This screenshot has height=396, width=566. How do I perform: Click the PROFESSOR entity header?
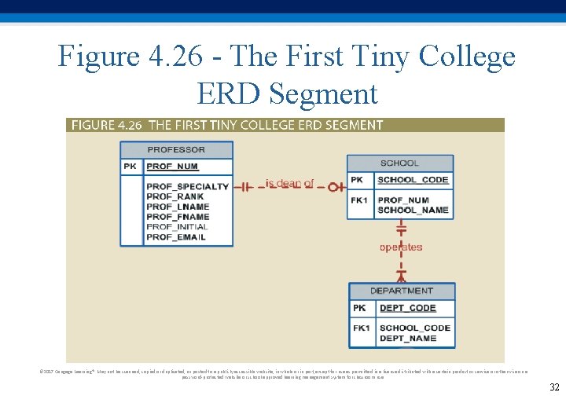[x=176, y=149]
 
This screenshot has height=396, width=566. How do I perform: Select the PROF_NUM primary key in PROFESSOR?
[x=172, y=167]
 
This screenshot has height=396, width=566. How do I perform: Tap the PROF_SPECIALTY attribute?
[x=187, y=186]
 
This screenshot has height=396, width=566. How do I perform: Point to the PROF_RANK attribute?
[x=175, y=196]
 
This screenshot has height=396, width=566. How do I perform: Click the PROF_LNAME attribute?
[x=178, y=207]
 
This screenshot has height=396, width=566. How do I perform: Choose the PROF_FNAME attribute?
[x=178, y=217]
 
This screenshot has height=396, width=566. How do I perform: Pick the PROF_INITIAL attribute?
[x=177, y=227]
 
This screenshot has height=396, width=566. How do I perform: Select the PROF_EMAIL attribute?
[x=175, y=237]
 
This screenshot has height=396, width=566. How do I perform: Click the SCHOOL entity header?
[x=399, y=163]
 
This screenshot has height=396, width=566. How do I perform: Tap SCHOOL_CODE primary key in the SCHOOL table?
[x=413, y=180]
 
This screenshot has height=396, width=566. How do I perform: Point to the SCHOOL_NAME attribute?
[x=413, y=210]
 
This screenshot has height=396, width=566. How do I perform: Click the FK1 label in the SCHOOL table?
[x=359, y=200]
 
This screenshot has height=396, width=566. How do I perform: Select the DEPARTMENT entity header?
[x=401, y=291]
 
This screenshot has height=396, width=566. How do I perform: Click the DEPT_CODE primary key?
[x=407, y=308]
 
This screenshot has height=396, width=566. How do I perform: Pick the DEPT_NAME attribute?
[x=407, y=338]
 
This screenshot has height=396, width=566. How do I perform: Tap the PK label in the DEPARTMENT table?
[x=359, y=308]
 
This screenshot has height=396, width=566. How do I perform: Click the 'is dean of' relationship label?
[x=289, y=183]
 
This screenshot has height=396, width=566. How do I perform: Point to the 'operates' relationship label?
[x=401, y=247]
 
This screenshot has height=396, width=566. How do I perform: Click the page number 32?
[x=554, y=387]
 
